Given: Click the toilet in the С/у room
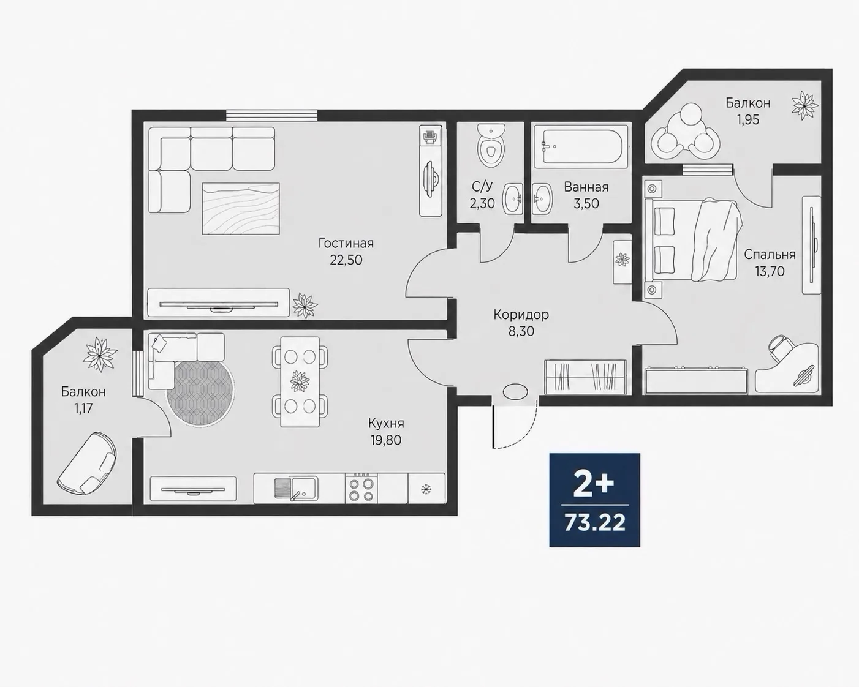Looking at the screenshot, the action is pyautogui.click(x=491, y=146).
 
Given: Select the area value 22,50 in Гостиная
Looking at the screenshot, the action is pyautogui.click(x=346, y=260).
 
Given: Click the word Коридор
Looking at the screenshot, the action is pyautogui.click(x=521, y=315).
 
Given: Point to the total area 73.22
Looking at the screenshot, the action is pyautogui.click(x=595, y=523).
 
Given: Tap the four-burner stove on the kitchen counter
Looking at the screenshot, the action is pyautogui.click(x=361, y=489).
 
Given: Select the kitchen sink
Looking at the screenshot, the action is pyautogui.click(x=296, y=489).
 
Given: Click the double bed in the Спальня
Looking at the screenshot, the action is pyautogui.click(x=694, y=239).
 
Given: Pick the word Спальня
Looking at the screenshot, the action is pyautogui.click(x=770, y=255).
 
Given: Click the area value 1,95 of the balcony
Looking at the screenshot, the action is pyautogui.click(x=748, y=119).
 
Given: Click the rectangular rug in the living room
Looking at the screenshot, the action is pyautogui.click(x=241, y=209).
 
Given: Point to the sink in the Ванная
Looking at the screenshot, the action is pyautogui.click(x=542, y=198).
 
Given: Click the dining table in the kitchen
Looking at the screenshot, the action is pyautogui.click(x=300, y=382).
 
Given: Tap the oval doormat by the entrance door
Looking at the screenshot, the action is pyautogui.click(x=516, y=391).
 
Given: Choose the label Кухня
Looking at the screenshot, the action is pyautogui.click(x=386, y=423).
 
